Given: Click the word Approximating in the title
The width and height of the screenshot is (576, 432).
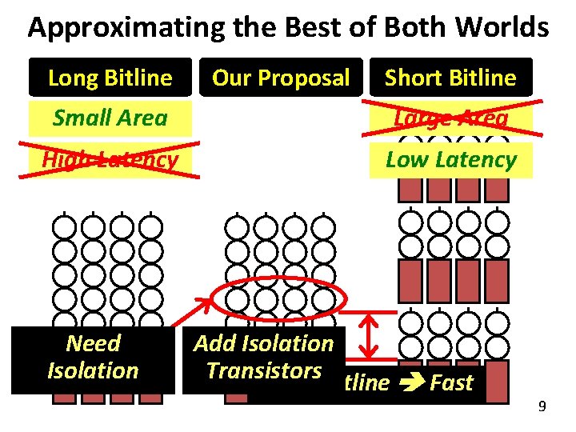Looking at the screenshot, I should point(115,28).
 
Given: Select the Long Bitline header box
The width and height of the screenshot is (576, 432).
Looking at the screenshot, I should point(110,78).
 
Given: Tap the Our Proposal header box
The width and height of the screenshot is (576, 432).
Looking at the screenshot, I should point(281,78).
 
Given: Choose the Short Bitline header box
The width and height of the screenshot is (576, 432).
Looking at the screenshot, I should point(450,78).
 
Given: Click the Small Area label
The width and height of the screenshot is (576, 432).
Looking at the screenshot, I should point(110,118).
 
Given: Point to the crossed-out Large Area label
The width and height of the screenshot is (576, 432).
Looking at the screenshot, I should point(450,118).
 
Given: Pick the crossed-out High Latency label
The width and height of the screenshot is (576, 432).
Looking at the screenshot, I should point(110,159).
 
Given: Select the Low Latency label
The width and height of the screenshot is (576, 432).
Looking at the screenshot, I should point(450,159).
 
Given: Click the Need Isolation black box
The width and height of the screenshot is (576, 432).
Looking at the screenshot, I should point(93,358).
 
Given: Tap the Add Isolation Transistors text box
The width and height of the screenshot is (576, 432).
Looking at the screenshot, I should point(263,358).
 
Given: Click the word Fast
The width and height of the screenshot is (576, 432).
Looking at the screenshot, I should point(451,382).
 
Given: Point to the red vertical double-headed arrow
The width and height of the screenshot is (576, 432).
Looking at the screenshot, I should point(370,337).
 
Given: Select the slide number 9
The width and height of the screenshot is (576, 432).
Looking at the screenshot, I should point(542,407).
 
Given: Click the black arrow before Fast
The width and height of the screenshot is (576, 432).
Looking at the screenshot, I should point(409,383).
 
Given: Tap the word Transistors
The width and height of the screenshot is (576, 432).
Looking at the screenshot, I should point(263,370).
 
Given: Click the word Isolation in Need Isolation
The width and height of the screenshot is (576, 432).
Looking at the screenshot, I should point(93,370).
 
